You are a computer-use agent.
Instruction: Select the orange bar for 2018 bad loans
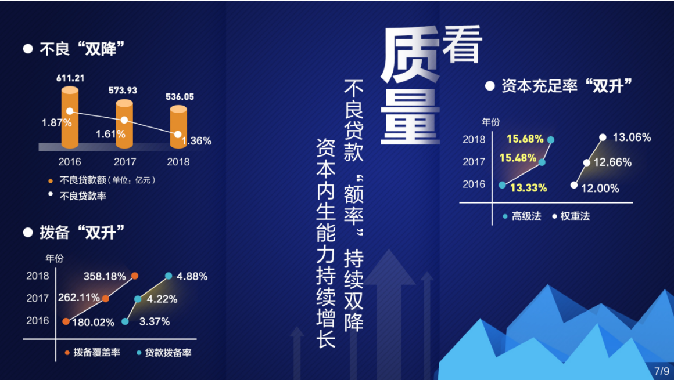tap(178, 127)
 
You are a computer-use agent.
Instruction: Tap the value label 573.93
tap(123, 90)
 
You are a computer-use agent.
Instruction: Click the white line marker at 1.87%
tap(70, 111)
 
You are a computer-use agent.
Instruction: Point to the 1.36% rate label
tap(196, 141)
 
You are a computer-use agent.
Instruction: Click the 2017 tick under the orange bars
tap(125, 162)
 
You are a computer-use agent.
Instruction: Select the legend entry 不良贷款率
tap(77, 196)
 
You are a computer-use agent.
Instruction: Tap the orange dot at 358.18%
tap(135, 276)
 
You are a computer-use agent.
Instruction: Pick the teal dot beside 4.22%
tap(138, 299)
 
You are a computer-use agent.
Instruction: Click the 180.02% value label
tap(94, 322)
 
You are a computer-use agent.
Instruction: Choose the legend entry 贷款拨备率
tap(164, 353)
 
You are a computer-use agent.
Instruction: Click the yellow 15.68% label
tap(525, 139)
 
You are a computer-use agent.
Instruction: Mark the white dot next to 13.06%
tap(603, 137)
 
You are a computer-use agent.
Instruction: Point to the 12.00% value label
tap(600, 188)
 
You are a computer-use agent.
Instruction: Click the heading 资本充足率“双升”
tap(559, 86)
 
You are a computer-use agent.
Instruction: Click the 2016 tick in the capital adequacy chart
tap(474, 184)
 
